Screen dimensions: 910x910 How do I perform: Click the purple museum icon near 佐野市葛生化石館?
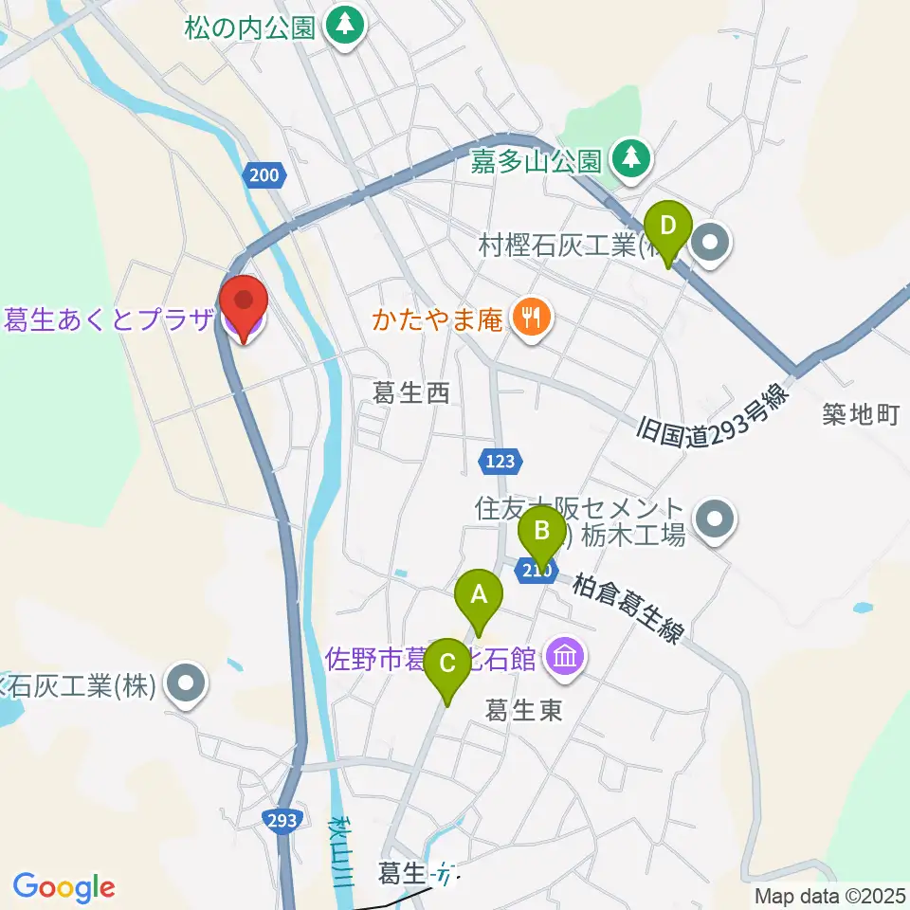pos(565,656)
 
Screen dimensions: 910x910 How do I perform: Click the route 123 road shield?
pos(501,462)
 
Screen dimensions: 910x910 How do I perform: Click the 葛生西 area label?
pos(410,393)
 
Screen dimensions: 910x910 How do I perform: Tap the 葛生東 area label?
pos(524,710)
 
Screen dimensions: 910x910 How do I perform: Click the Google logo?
pos(64,887)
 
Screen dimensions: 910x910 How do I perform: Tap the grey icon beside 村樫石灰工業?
pos(712,246)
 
